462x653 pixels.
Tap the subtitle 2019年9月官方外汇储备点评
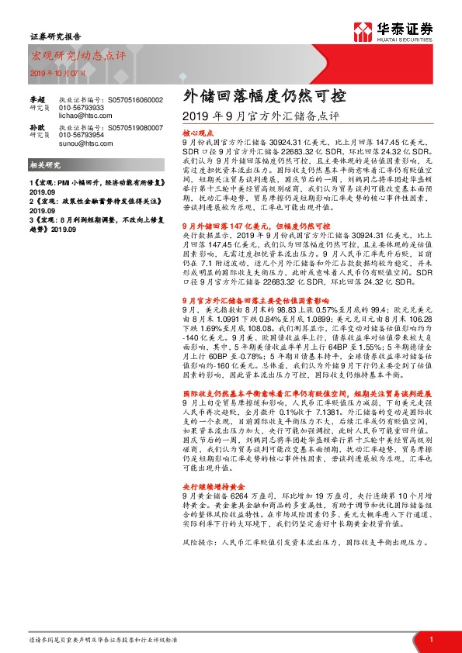(259, 117)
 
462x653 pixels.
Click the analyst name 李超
(37, 100)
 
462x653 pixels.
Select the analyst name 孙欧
(37, 126)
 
